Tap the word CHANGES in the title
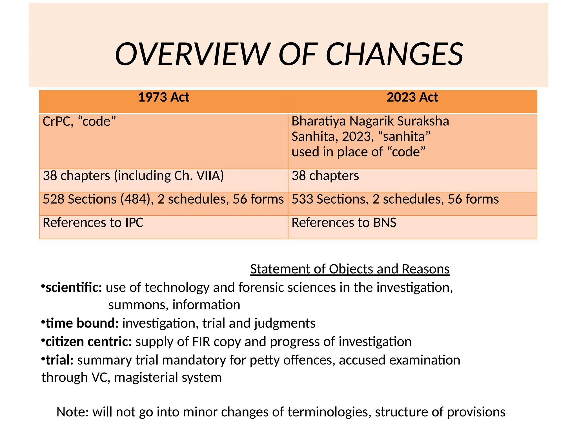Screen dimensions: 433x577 [394, 54]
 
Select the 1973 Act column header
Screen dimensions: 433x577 [164, 98]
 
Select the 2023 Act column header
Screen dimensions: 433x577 [412, 98]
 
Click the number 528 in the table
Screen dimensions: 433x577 [53, 199]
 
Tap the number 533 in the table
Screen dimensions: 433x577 [302, 199]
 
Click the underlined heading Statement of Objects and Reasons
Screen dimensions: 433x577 [350, 269]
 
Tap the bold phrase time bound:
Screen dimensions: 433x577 [82, 323]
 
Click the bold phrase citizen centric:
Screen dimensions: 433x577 [89, 342]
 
